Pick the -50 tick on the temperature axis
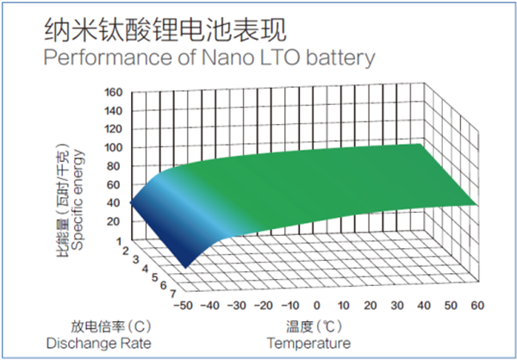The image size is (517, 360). click(184, 305)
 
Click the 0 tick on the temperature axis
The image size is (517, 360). click(316, 305)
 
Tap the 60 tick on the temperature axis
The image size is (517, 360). click(477, 305)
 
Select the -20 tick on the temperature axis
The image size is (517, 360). click(263, 305)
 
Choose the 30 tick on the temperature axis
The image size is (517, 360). click(396, 305)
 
